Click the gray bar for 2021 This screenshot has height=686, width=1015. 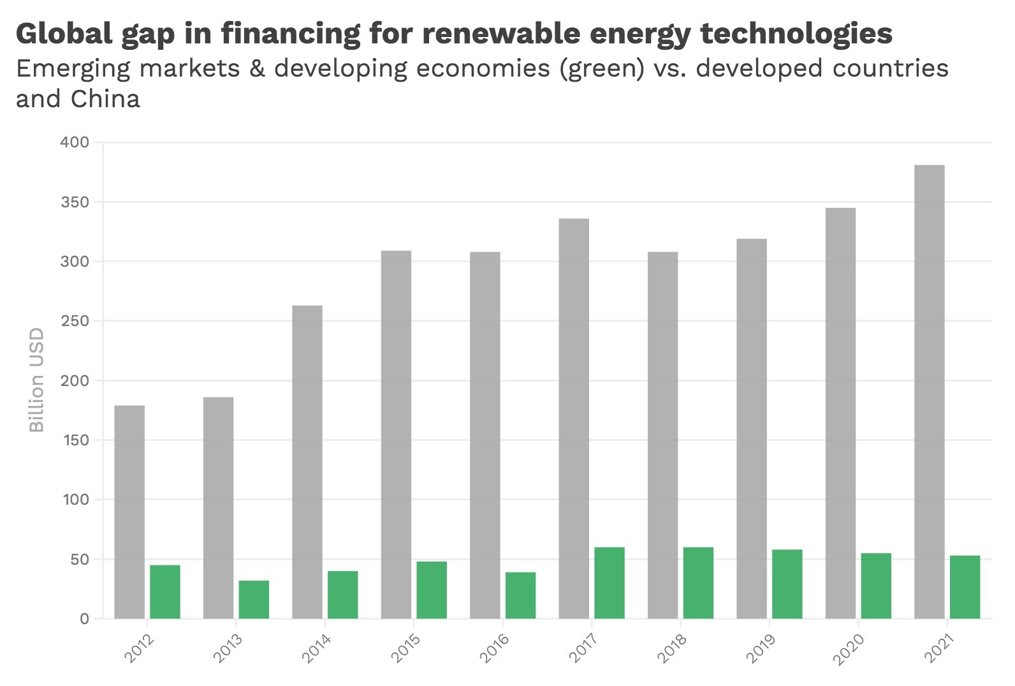[x=929, y=392]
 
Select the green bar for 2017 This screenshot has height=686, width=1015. [x=610, y=583]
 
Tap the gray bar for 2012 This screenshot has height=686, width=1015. [x=129, y=512]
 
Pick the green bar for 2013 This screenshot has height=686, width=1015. [x=254, y=599]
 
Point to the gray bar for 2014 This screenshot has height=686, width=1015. [x=307, y=462]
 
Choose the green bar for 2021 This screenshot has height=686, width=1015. [x=965, y=587]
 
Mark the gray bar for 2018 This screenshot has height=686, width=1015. [x=663, y=435]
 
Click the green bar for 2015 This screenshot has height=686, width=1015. [x=432, y=590]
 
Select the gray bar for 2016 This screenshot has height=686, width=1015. [x=485, y=435]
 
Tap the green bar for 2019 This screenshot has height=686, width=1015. [x=787, y=584]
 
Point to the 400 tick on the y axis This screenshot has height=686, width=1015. [x=75, y=142]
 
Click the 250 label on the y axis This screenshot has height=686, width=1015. [x=75, y=321]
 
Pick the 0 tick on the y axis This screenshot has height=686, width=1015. [x=84, y=619]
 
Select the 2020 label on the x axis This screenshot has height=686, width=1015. [x=849, y=648]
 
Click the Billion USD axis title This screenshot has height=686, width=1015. [x=37, y=380]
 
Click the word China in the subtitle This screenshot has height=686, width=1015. [x=105, y=99]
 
